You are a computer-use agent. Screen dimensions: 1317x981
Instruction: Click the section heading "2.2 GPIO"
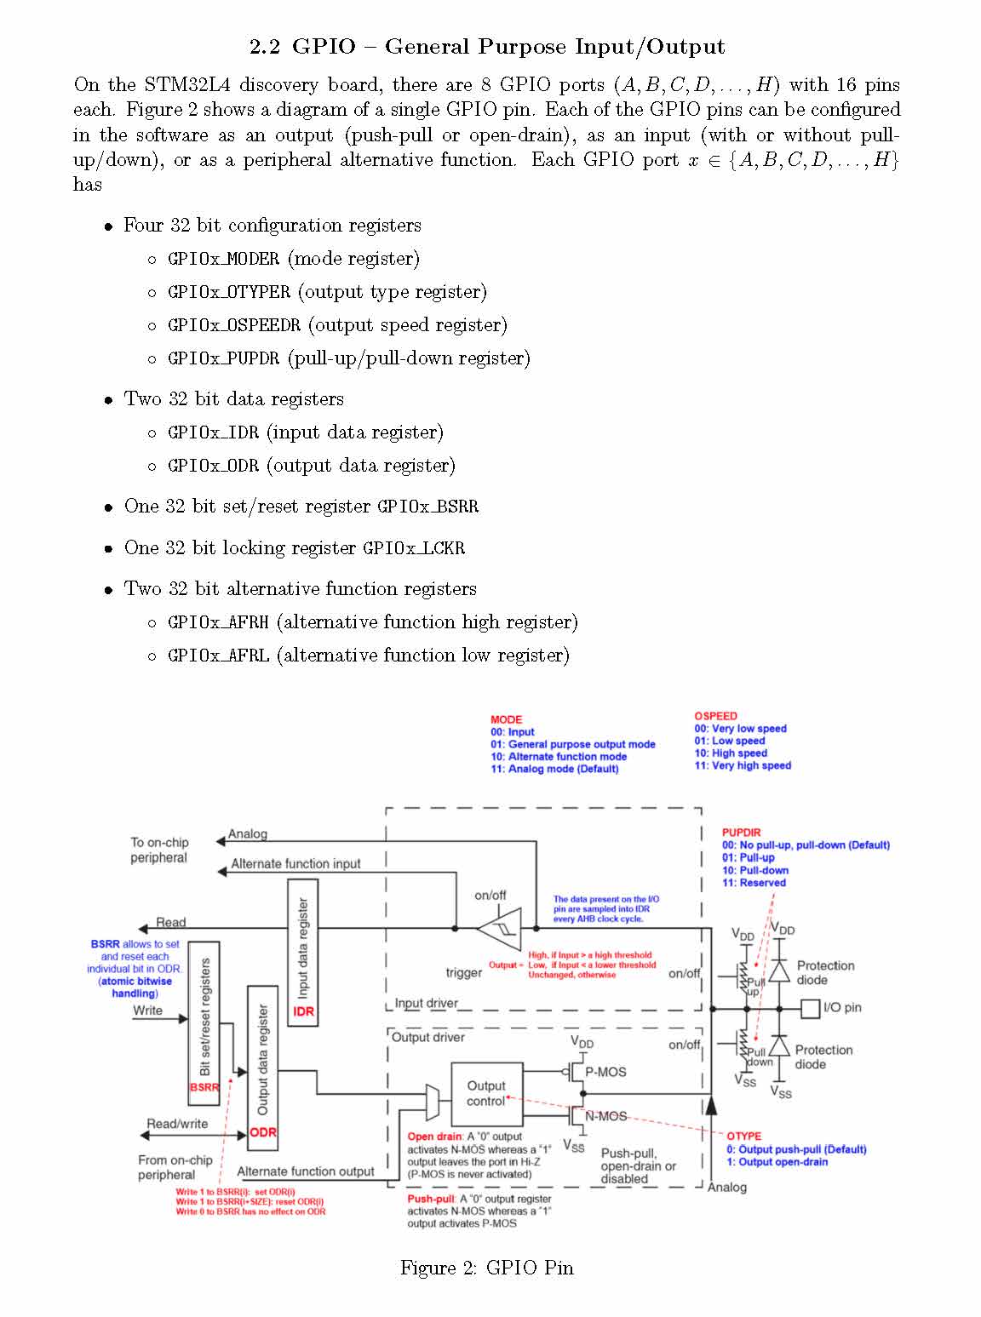[487, 47]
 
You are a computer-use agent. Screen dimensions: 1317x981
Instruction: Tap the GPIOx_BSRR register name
[427, 507]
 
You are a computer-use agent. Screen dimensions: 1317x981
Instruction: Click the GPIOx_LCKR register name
[414, 548]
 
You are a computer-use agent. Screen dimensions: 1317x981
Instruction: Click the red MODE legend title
[506, 719]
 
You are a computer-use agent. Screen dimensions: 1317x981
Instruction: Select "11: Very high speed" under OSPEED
[743, 765]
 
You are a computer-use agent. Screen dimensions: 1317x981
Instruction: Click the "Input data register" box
[303, 953]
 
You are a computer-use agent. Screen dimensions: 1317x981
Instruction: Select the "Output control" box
[486, 1093]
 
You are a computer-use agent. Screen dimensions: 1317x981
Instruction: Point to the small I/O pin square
[810, 1008]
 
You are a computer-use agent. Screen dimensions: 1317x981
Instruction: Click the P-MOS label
[605, 1072]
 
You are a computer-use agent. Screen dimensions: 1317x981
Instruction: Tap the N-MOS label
[605, 1116]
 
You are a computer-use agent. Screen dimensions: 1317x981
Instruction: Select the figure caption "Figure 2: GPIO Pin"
[487, 1268]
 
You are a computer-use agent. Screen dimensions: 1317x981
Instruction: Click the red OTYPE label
[743, 1137]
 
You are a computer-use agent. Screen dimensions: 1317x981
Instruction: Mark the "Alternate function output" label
[306, 1171]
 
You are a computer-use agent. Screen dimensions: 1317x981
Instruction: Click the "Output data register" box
[262, 1063]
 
